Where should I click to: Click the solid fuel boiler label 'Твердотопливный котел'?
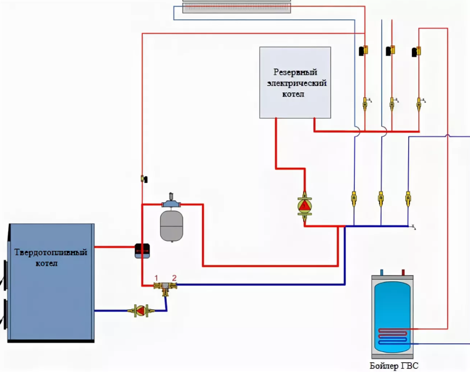(51, 258)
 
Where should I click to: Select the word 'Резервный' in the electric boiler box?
(296, 73)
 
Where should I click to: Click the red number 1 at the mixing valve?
(156, 278)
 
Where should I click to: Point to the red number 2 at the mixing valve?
(174, 278)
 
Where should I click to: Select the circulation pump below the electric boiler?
(305, 206)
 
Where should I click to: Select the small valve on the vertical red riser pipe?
(144, 179)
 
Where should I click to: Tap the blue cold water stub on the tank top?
(382, 272)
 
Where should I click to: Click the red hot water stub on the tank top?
(403, 272)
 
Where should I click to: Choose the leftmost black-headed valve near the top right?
(363, 50)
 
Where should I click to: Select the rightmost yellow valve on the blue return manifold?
(408, 198)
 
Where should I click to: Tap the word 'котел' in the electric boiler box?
(294, 94)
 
